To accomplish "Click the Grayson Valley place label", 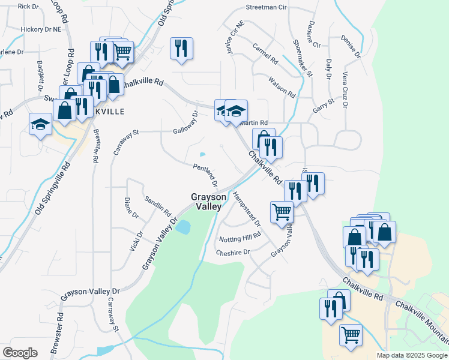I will click(209, 201).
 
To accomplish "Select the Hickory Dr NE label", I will click(41, 29).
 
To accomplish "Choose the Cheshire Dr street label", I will click(233, 253).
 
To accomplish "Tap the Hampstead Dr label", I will click(247, 209).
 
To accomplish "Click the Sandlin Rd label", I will click(158, 205).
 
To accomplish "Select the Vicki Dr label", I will click(136, 243).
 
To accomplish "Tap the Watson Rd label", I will click(282, 88).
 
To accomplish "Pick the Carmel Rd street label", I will click(265, 54).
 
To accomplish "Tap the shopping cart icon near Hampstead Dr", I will click(282, 211).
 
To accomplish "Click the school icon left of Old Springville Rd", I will click(41, 125).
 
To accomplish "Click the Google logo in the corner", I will click(20, 353).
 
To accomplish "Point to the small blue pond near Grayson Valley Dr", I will click(183, 227).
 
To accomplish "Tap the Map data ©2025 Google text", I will click(412, 355).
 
